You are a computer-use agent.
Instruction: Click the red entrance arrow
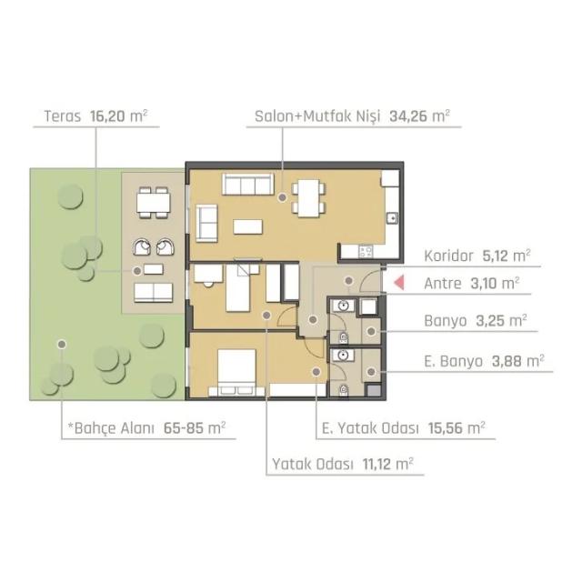point(398,283)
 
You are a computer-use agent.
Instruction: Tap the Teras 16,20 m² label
point(95,116)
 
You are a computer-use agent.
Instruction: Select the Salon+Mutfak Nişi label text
point(317,116)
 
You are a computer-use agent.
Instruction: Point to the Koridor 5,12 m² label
point(477,256)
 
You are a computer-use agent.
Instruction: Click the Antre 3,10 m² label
point(471,284)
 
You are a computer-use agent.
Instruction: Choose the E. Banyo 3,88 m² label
point(484,361)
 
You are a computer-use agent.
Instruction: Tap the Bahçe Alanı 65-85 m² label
point(146,428)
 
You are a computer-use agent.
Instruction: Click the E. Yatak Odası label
point(370,428)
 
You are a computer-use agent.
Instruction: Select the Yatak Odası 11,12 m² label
point(343,464)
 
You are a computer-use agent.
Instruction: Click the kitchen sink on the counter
point(392,218)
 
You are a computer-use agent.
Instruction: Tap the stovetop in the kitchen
point(366,252)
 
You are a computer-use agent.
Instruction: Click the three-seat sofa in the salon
point(248,184)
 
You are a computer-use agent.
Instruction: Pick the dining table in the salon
point(308,198)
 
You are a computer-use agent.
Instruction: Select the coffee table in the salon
point(248,226)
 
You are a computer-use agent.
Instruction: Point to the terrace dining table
point(154,203)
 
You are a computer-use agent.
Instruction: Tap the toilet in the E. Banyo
point(344,390)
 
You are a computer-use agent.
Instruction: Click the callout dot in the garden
point(62,344)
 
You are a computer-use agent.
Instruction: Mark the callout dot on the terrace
point(137,271)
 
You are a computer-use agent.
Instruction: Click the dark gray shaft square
point(374,391)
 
